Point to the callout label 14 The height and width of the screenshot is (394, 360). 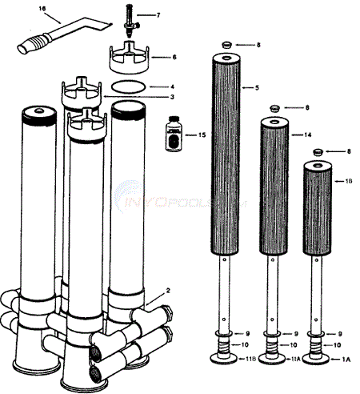(x=306, y=135)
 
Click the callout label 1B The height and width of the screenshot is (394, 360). (x=350, y=183)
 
